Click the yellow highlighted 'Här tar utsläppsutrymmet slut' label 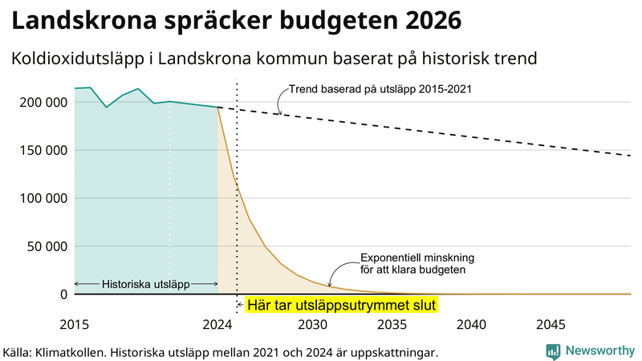[341, 305]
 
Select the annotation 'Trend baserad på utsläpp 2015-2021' [380, 89]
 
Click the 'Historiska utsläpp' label [145, 284]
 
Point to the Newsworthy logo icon [553, 351]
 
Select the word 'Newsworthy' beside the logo [600, 351]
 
